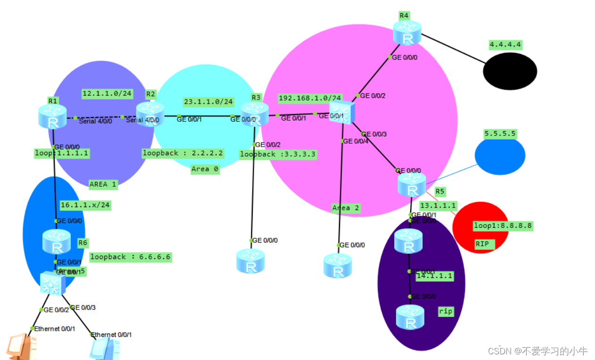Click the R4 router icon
pos(407,33)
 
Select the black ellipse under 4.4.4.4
pos(510,71)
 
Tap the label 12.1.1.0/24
pos(107,93)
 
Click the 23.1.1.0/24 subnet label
pos(208,101)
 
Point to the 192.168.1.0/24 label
pos(310,98)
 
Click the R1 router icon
pos(52,116)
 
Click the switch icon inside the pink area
pos(342,113)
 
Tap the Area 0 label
pos(205,169)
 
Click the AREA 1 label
pos(103,184)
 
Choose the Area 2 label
pos(346,208)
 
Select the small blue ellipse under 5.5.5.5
pos(500,156)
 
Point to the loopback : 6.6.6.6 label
pos(130,257)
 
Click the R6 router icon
pos(56,242)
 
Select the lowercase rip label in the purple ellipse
pos(446,311)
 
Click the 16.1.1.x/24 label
pos(85,205)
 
